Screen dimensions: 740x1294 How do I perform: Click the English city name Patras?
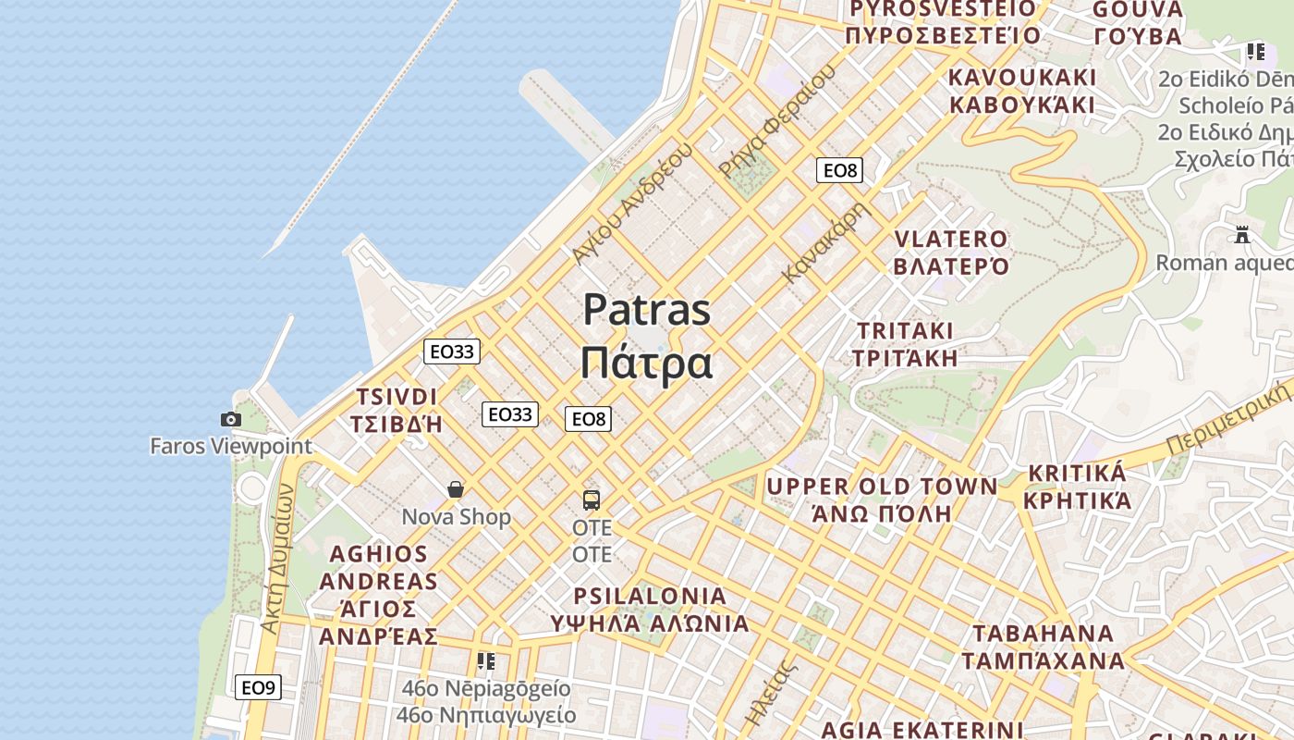646,310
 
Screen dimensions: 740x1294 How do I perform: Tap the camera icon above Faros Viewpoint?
231,420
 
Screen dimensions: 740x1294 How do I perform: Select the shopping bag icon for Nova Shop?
456,489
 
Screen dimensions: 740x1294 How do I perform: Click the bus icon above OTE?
592,500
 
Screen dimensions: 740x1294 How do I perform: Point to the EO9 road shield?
258,687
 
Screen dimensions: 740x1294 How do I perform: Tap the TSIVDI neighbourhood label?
397,397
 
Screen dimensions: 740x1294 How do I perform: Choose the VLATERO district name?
950,240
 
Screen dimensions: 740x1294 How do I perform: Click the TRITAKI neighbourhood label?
905,331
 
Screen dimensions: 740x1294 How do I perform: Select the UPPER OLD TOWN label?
882,487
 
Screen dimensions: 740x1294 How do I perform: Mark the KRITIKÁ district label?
1077,474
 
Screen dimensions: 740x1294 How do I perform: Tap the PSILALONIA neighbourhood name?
650,596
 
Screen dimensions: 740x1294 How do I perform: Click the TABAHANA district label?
1043,634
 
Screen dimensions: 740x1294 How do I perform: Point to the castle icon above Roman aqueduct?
1242,235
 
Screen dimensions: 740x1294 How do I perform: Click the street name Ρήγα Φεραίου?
776,120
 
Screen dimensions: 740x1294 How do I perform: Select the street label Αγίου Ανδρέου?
632,203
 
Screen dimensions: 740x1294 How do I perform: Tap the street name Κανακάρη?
827,242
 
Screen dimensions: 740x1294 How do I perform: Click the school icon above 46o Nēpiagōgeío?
485,661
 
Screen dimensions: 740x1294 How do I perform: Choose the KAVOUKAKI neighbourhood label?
1022,77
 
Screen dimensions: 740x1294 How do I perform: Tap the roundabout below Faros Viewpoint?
250,487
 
